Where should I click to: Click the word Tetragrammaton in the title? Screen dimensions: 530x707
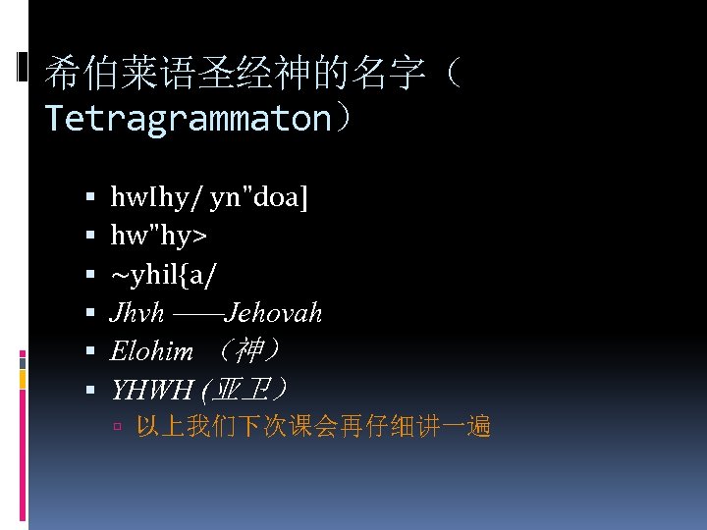pos(188,119)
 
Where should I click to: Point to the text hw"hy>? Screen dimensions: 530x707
pos(158,237)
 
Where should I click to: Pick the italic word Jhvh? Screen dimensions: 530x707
pos(136,313)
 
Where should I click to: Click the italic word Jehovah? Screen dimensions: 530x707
pos(273,313)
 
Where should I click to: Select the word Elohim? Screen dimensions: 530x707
pos(152,351)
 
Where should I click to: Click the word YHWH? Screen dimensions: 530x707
pos(151,390)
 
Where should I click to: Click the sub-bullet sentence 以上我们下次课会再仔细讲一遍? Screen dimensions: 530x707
pos(313,426)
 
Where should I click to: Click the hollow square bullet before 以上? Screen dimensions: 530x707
pos(117,427)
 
